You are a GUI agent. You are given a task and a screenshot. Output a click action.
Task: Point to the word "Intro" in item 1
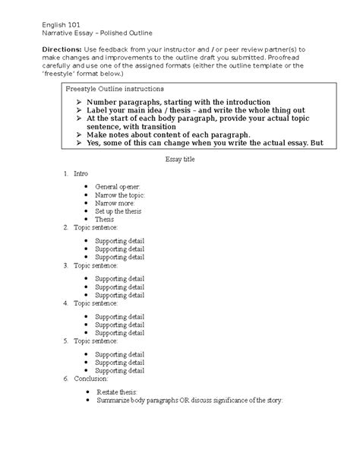(x=81, y=175)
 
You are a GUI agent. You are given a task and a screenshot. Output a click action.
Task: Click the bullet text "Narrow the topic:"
(x=119, y=195)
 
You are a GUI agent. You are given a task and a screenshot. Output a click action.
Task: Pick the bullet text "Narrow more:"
(x=114, y=203)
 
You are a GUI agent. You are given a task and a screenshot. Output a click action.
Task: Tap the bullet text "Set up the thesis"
(x=119, y=211)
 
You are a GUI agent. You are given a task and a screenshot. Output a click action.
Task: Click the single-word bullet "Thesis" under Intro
(x=104, y=219)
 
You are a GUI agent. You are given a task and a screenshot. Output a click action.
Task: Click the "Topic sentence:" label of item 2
(x=96, y=227)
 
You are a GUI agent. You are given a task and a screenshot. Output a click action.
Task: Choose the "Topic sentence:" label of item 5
(x=96, y=341)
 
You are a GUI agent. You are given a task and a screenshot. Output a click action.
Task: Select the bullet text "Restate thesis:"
(x=116, y=391)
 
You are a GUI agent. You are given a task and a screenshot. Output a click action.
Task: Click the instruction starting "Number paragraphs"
(x=178, y=102)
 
